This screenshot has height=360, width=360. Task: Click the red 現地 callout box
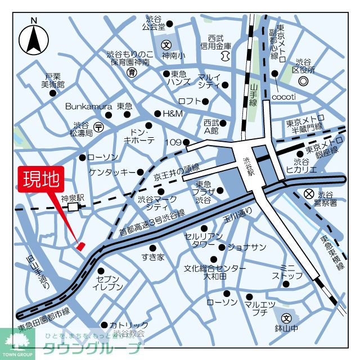(x=40, y=179)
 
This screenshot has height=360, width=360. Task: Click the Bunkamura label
(x=89, y=106)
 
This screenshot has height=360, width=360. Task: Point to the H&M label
(x=173, y=113)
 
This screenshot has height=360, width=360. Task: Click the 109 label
(x=173, y=142)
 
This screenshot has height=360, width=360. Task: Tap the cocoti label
(x=284, y=97)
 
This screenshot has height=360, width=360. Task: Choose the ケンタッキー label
(x=112, y=172)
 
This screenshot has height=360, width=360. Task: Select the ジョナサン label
(x=247, y=247)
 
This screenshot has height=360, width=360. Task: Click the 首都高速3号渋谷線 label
(x=151, y=223)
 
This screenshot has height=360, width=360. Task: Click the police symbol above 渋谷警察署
(x=308, y=193)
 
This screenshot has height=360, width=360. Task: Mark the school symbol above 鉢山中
(x=286, y=318)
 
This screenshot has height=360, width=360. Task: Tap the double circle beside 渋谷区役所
(x=303, y=82)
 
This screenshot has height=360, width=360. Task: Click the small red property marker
(x=80, y=245)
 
